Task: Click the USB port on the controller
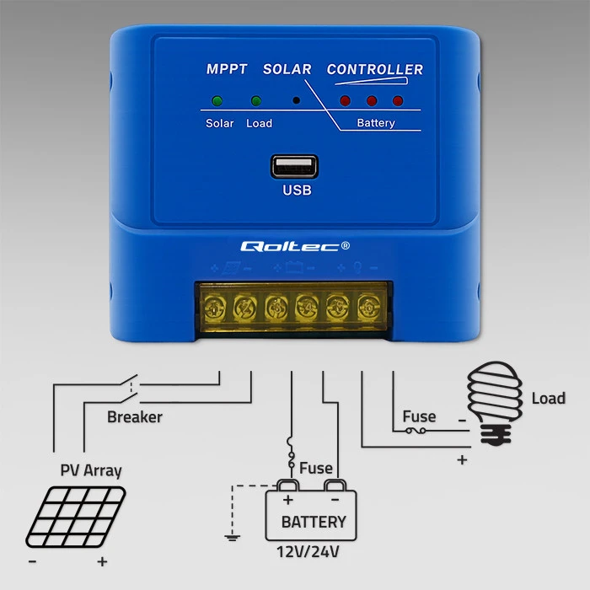pyautogui.click(x=294, y=166)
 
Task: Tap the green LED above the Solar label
pyautogui.click(x=217, y=101)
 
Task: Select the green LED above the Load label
pyautogui.click(x=256, y=101)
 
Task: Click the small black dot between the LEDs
pyautogui.click(x=297, y=100)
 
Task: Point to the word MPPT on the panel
pyautogui.click(x=227, y=69)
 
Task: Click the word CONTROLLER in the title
pyautogui.click(x=375, y=69)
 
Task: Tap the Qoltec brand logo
pyautogui.click(x=295, y=246)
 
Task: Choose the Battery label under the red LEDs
pyautogui.click(x=376, y=123)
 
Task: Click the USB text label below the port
pyautogui.click(x=297, y=190)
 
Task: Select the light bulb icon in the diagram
pyautogui.click(x=495, y=403)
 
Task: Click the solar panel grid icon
pyautogui.click(x=76, y=517)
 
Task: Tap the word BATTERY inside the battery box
pyautogui.click(x=314, y=522)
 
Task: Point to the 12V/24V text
pyautogui.click(x=308, y=552)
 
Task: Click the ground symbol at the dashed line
pyautogui.click(x=232, y=538)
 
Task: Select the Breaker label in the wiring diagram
pyautogui.click(x=135, y=417)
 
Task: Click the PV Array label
pyautogui.click(x=91, y=470)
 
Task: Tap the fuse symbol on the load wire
pyautogui.click(x=416, y=431)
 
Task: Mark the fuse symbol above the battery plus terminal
pyautogui.click(x=291, y=453)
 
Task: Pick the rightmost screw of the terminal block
pyautogui.click(x=368, y=308)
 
